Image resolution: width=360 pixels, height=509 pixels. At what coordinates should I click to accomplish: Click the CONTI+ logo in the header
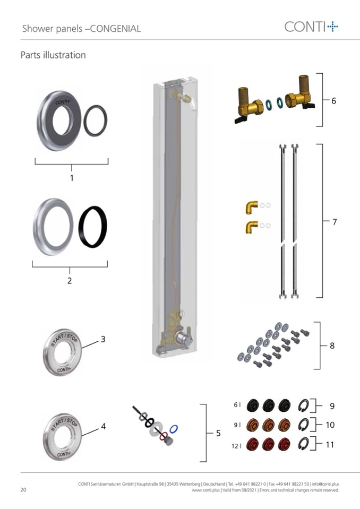point(311,27)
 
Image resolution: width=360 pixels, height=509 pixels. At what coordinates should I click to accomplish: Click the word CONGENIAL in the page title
point(115,29)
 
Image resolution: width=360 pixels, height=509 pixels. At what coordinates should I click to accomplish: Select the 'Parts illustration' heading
point(53,55)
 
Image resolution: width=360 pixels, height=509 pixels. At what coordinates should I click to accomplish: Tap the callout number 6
point(333,101)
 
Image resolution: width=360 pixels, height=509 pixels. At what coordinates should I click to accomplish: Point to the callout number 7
point(335,222)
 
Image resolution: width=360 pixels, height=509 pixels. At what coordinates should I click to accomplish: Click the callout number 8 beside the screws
point(332,346)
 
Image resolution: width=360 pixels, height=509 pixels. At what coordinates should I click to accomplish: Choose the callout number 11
point(330,444)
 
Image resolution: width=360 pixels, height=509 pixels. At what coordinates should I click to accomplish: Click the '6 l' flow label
point(237,405)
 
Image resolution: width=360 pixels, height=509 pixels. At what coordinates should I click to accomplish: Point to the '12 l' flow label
point(236,446)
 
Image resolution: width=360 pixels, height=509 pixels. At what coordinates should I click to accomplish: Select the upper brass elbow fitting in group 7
point(251,207)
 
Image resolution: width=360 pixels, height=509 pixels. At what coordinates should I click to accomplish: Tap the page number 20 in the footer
point(23,489)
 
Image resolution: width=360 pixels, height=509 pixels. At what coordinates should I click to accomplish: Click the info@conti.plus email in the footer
point(325,484)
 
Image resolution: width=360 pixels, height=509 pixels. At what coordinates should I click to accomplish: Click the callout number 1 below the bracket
point(72,178)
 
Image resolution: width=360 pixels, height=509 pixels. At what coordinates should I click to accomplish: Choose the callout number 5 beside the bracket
point(218,433)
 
